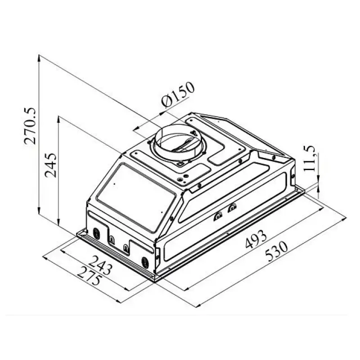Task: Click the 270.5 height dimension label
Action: [x=30, y=126]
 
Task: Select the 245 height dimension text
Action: [x=50, y=165]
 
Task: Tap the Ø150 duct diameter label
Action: [x=178, y=94]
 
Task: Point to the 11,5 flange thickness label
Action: [x=310, y=159]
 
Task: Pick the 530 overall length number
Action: [x=276, y=252]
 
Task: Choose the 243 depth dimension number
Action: [x=100, y=265]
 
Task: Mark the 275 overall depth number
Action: [x=89, y=276]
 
